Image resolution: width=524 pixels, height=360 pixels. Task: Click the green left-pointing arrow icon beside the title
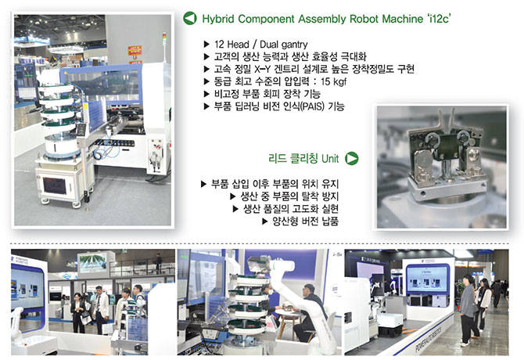coord(190,18)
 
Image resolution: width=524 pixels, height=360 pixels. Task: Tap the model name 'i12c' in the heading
coord(439,19)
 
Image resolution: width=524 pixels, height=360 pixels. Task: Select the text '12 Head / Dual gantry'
coord(260,44)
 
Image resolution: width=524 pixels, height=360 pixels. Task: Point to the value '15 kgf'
coord(334,81)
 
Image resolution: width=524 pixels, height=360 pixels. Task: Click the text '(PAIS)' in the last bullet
coord(313,106)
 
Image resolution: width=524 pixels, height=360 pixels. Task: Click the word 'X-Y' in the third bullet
coord(262,69)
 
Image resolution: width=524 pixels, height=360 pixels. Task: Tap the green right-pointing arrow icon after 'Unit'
coord(352,158)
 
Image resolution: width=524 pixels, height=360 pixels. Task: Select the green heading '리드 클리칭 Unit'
coord(303,158)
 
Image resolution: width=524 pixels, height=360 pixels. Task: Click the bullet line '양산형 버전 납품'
coord(306,221)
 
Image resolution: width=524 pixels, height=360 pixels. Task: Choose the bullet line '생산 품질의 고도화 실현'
coord(291,209)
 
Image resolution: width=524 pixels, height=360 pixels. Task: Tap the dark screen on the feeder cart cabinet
coord(55,185)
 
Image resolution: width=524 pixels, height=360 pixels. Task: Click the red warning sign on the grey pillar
coord(135,50)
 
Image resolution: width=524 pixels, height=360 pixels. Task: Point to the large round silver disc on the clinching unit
coord(422,163)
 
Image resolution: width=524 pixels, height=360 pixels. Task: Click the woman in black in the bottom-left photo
coord(77,313)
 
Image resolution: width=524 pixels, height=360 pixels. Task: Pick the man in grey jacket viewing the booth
coord(468,310)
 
